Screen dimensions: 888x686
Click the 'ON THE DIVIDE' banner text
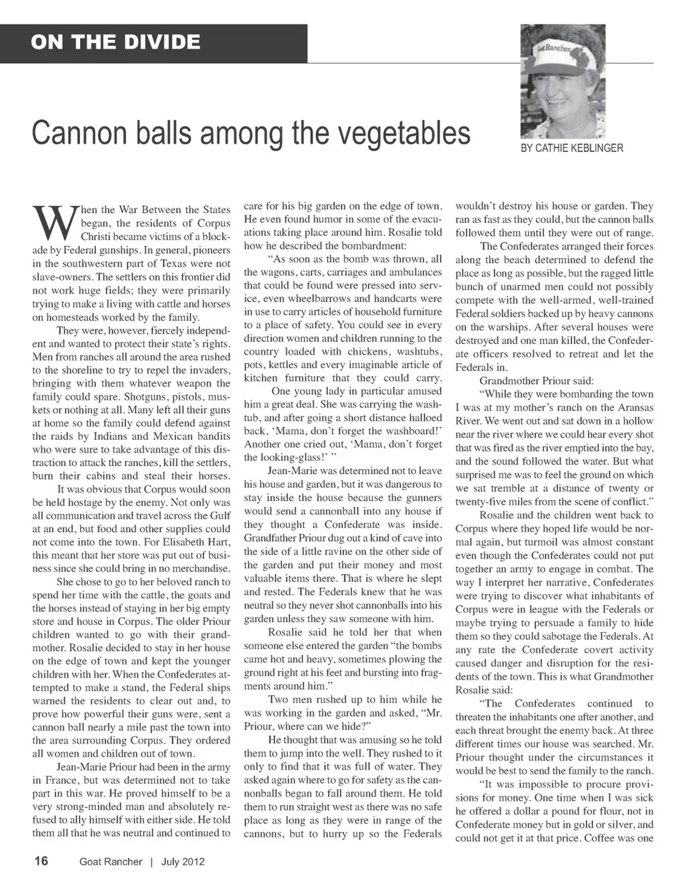(115, 42)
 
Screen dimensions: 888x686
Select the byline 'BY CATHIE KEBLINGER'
(572, 148)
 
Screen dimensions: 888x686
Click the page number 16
(41, 861)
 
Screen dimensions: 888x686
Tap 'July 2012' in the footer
(183, 862)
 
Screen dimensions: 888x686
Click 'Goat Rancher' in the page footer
(111, 862)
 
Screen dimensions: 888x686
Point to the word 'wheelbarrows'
(309, 299)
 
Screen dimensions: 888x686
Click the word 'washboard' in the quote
(405, 430)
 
